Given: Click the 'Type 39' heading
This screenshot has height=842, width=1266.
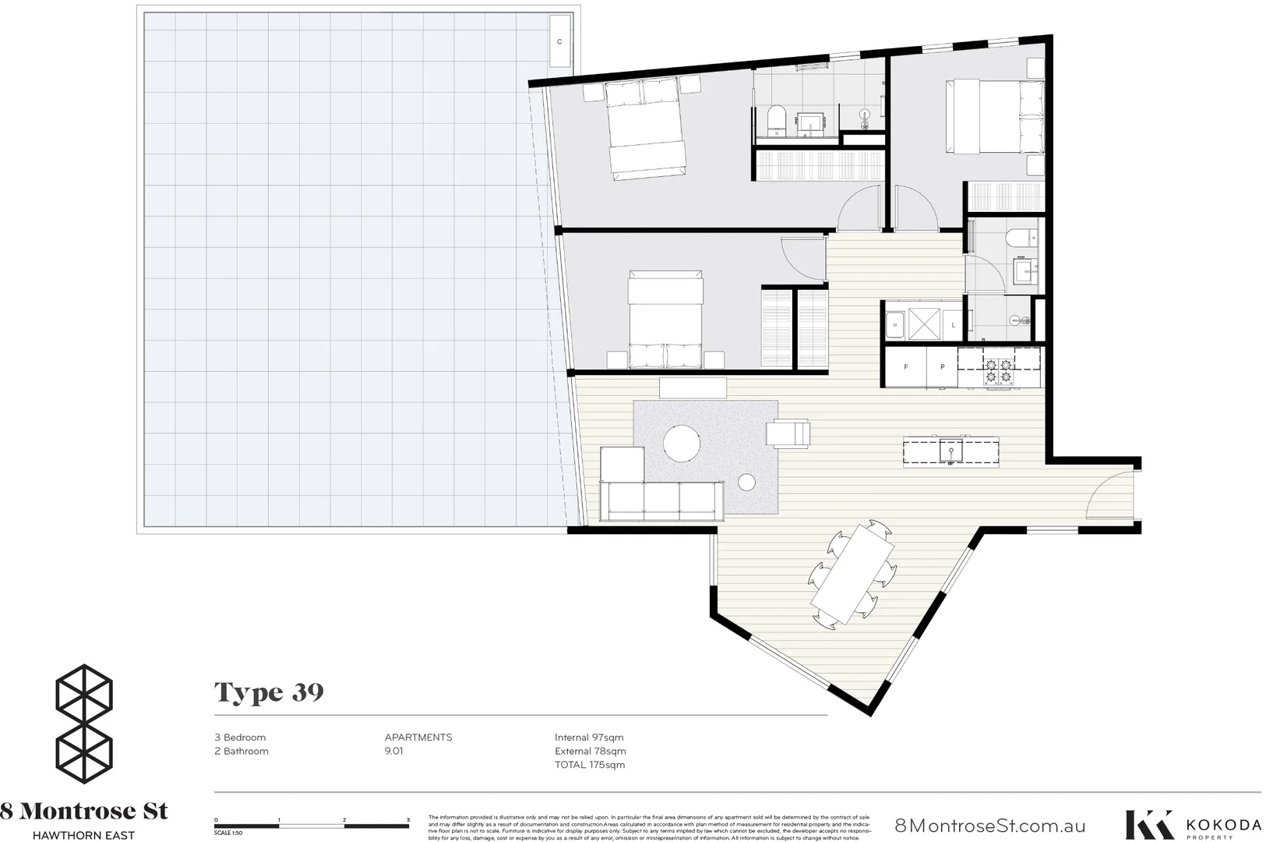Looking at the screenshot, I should (269, 692).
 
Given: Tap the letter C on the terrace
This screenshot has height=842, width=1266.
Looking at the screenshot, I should (559, 42).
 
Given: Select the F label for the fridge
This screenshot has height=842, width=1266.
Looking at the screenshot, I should (906, 366).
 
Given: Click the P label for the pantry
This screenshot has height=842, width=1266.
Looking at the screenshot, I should (942, 366).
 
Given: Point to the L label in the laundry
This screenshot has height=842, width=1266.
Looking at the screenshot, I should (954, 325).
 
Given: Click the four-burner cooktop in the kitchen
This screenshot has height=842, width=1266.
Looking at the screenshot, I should (998, 370).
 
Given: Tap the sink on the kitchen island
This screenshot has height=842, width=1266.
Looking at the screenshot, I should (950, 450).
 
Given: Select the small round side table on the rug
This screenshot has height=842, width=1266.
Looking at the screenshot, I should (746, 483).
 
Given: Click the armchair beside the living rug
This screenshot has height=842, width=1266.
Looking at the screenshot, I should (788, 433).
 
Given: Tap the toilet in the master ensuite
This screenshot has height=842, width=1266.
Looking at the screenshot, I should (776, 121).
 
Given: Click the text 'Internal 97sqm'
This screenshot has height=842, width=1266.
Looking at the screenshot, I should (589, 738).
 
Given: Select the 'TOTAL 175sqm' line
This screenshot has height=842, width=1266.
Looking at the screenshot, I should (590, 765).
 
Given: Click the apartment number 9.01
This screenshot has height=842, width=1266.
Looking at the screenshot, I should (394, 752).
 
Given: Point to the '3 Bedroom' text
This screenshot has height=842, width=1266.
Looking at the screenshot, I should (240, 738).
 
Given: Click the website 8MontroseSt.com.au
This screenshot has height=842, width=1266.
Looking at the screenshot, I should (989, 826).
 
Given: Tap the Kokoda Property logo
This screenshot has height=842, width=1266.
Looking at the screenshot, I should (1192, 826).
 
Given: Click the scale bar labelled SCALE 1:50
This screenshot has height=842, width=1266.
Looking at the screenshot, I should (312, 825).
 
